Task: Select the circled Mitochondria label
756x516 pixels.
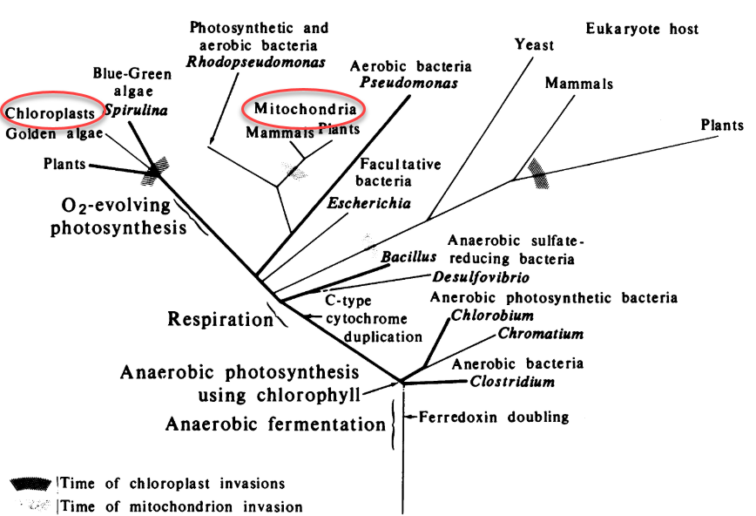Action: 306,109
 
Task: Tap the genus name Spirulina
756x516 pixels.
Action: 136,112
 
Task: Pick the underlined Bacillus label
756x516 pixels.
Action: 408,258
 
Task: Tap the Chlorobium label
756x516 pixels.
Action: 493,316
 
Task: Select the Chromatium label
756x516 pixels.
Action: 541,334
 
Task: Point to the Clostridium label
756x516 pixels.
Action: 512,381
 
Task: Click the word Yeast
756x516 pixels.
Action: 534,45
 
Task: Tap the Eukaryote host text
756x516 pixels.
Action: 642,29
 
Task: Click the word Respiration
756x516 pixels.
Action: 220,319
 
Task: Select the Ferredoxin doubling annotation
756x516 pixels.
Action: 494,417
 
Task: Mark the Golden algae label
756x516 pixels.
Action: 54,134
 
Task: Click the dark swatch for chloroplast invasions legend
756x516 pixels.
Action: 31,483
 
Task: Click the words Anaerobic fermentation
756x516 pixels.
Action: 275,425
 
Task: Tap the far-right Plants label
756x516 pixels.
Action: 722,126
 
